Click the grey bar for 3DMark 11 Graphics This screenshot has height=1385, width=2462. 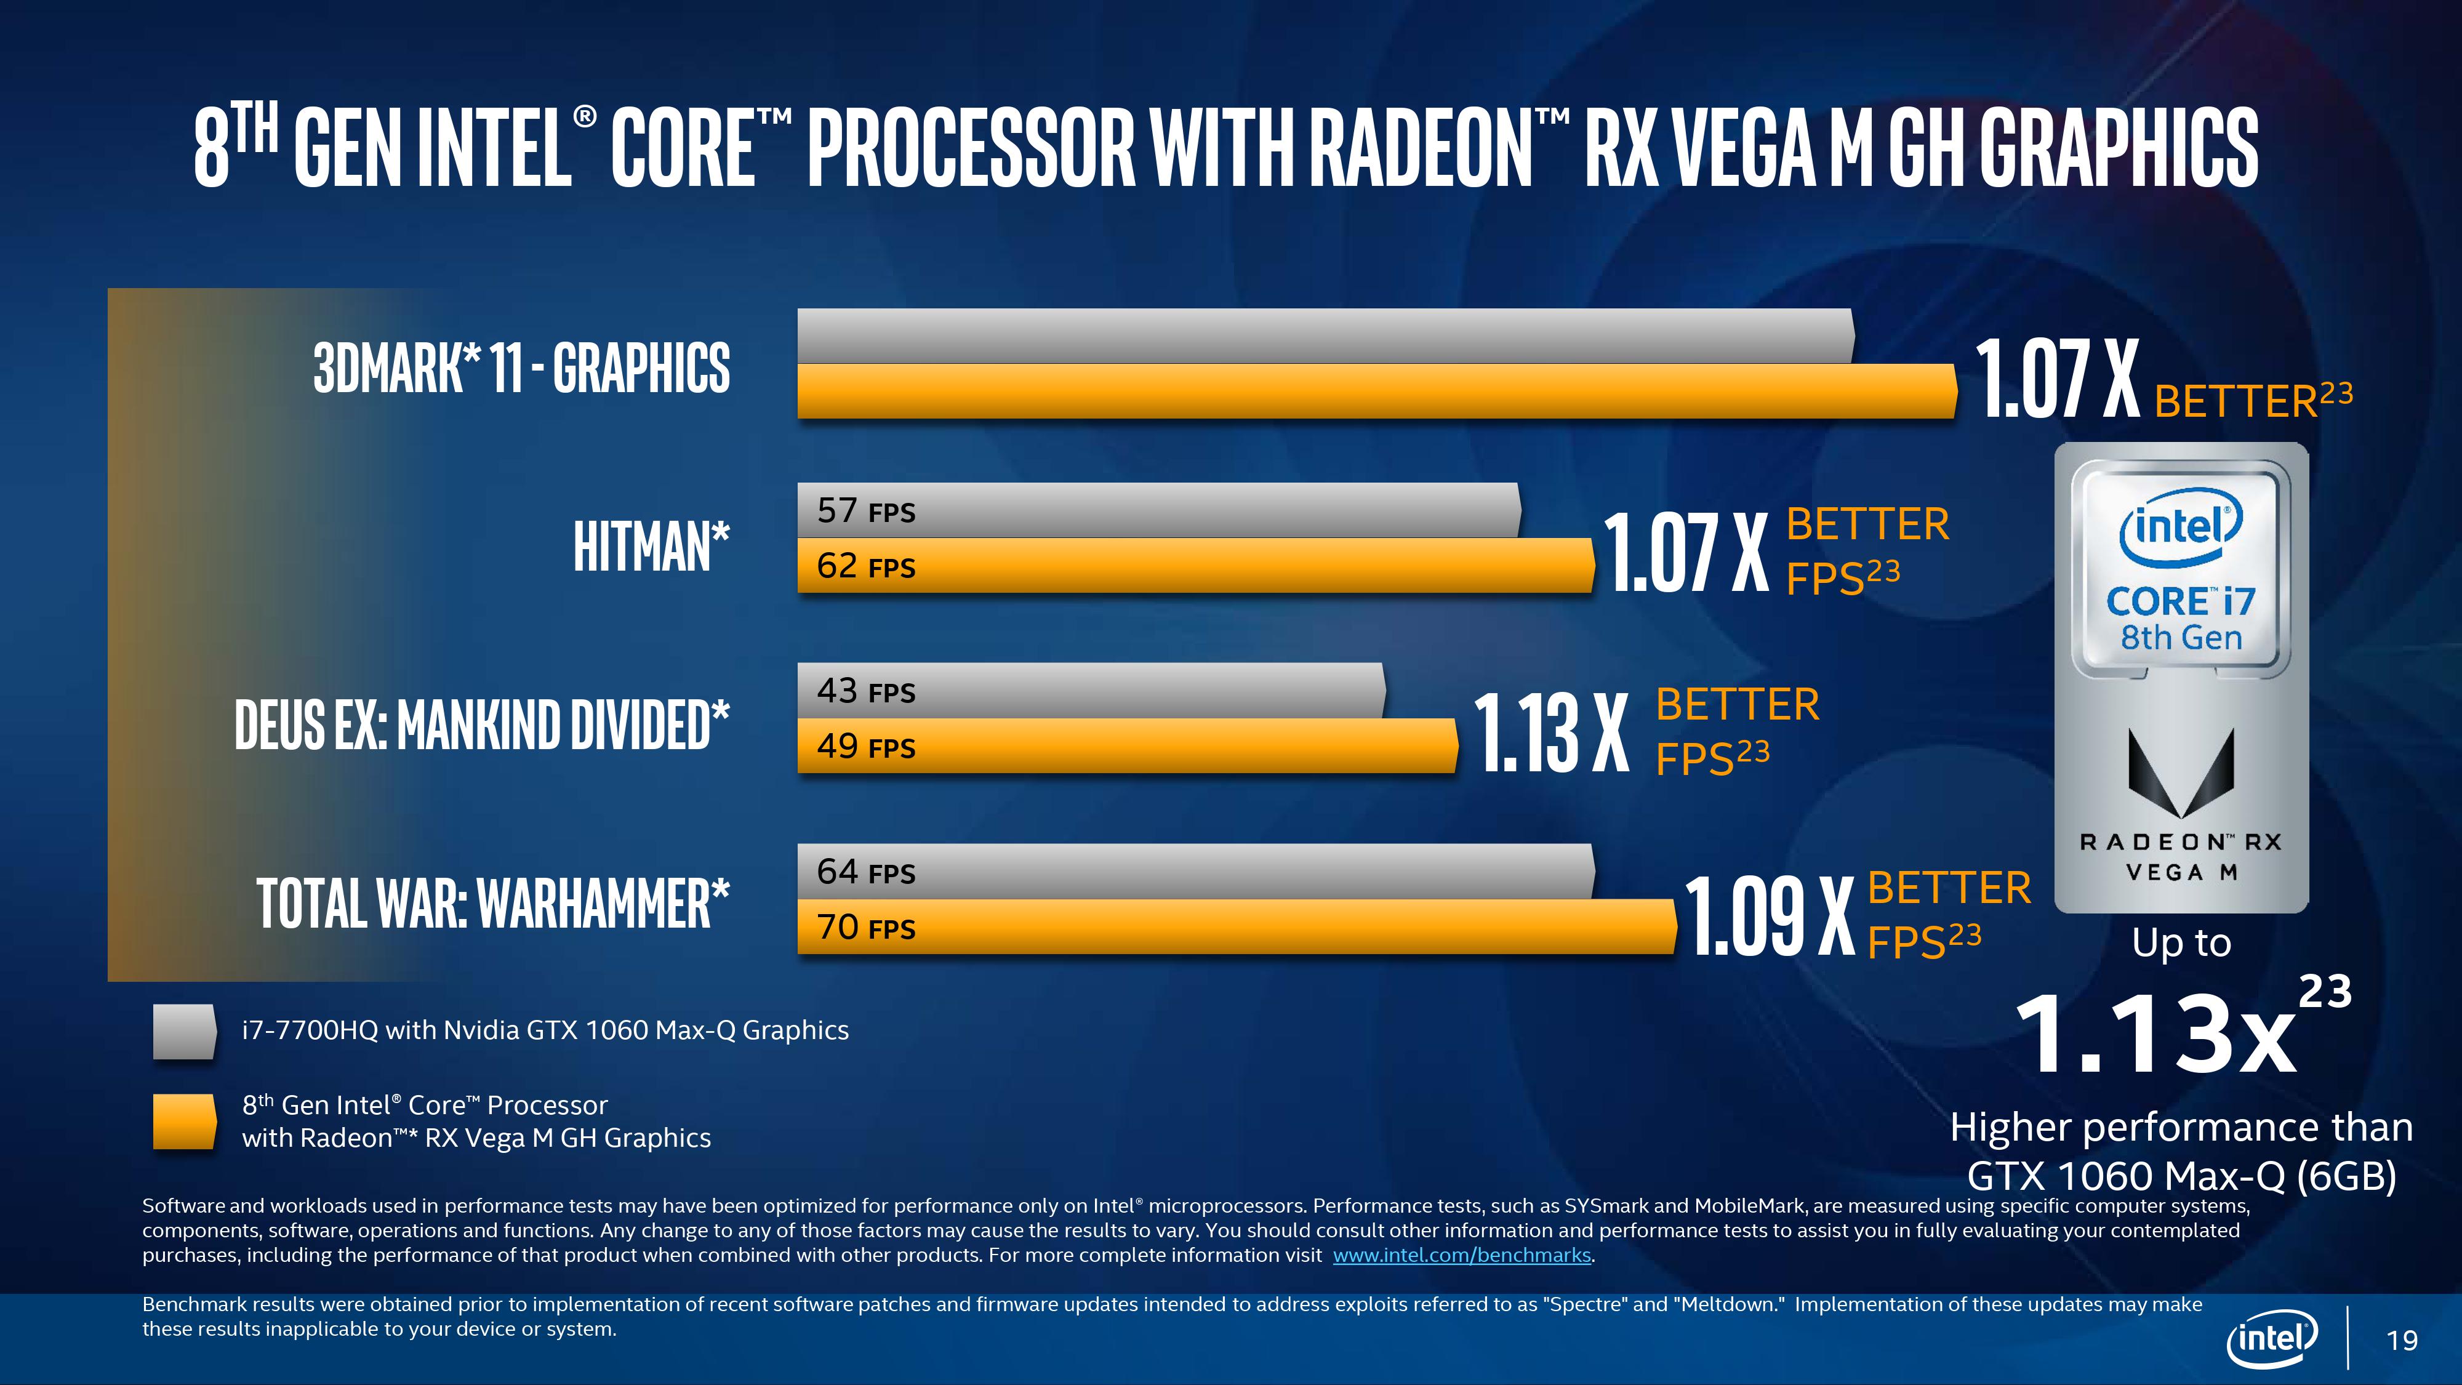tap(1325, 335)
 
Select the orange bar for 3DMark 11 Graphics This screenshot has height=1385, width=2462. tap(1376, 391)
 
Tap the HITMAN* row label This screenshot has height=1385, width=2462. tap(651, 547)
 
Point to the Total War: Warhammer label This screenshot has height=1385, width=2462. tap(493, 903)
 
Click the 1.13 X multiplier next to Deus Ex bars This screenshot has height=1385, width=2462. tap(1550, 733)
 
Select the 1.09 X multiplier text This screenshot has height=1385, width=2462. tap(1767, 917)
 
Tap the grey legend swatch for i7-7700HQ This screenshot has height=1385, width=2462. tap(185, 1031)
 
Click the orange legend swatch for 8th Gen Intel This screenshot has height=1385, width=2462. tap(185, 1121)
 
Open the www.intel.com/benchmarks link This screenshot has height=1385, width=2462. tap(1461, 1255)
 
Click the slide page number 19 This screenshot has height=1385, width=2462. tap(2402, 1340)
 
